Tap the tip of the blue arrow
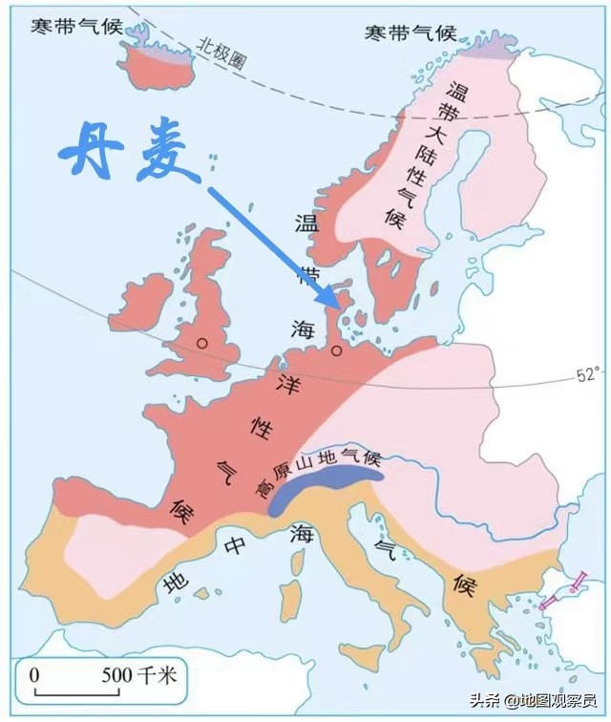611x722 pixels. pyautogui.click(x=337, y=307)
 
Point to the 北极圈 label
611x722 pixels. pyautogui.click(x=221, y=47)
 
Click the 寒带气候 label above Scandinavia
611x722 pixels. pyautogui.click(x=410, y=34)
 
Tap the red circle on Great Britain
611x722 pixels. pyautogui.click(x=201, y=342)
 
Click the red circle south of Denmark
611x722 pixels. pyautogui.click(x=336, y=351)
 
